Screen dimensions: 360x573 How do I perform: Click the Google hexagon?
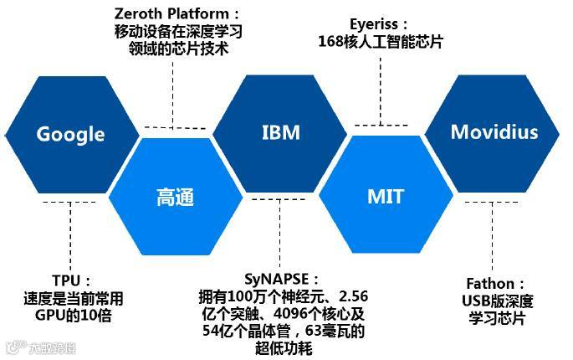point(71,134)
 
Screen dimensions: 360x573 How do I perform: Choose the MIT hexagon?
point(386,197)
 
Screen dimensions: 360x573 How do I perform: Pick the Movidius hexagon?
point(494,132)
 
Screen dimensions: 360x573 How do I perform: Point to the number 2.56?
point(350,296)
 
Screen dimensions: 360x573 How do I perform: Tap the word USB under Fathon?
point(478,301)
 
